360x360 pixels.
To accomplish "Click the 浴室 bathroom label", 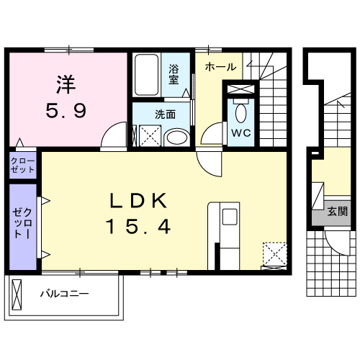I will (x=174, y=76).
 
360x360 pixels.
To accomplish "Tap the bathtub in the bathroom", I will (x=147, y=76).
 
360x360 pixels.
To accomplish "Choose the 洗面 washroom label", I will (x=165, y=114).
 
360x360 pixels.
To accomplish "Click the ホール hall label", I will (x=220, y=67).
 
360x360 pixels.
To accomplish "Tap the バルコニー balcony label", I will (x=64, y=294).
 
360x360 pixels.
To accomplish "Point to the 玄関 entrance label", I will (x=337, y=212).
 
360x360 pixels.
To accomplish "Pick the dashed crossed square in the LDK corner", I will (x=274, y=253).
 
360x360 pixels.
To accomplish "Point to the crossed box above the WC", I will (x=240, y=90).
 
